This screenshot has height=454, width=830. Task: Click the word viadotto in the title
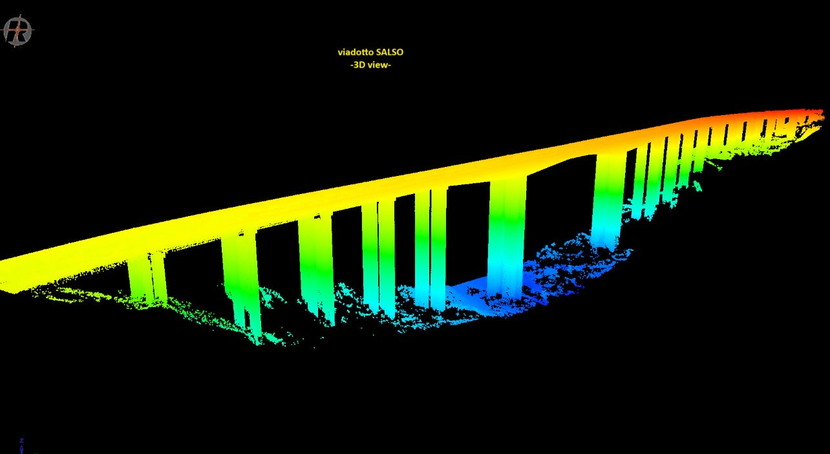356,52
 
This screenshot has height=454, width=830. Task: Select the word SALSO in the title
390,52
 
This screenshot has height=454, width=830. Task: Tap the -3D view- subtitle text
370,65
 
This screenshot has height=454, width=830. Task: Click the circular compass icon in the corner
18,31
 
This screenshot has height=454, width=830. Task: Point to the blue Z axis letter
22,440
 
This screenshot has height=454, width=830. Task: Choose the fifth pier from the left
431,248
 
